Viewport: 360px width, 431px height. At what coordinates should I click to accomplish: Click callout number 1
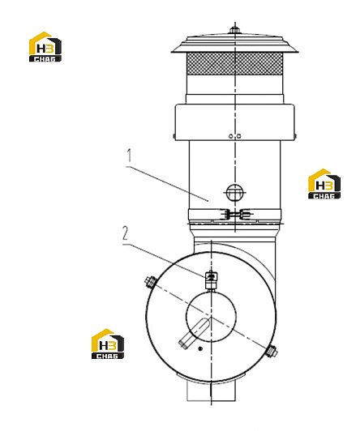(129, 156)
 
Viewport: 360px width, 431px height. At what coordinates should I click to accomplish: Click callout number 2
(126, 233)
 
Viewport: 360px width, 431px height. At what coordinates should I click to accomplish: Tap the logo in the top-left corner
(45, 47)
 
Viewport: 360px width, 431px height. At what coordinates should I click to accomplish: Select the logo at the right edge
(324, 184)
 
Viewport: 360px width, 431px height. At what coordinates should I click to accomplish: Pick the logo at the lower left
(108, 344)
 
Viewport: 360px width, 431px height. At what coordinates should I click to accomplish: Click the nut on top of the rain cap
(234, 29)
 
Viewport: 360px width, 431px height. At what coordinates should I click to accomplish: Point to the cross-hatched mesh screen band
(234, 64)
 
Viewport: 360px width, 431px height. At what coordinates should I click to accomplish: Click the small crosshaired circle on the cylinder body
(234, 193)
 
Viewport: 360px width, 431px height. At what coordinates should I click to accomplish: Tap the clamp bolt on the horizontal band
(235, 215)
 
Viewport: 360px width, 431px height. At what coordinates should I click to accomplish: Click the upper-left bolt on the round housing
(150, 281)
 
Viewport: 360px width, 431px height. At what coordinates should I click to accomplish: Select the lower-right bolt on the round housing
(272, 352)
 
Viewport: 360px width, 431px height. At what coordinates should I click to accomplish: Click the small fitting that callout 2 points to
(211, 280)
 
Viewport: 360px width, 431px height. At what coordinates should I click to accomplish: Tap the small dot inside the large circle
(200, 349)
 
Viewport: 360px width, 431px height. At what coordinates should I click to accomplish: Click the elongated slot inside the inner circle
(195, 333)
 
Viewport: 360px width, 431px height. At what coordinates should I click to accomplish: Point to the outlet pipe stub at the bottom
(211, 390)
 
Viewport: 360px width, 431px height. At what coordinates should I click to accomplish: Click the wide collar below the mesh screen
(234, 122)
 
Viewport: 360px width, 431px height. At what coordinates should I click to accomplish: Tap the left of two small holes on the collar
(231, 136)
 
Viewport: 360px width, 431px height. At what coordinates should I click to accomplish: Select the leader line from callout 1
(167, 184)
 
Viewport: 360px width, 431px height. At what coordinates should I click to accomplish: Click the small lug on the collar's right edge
(295, 136)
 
